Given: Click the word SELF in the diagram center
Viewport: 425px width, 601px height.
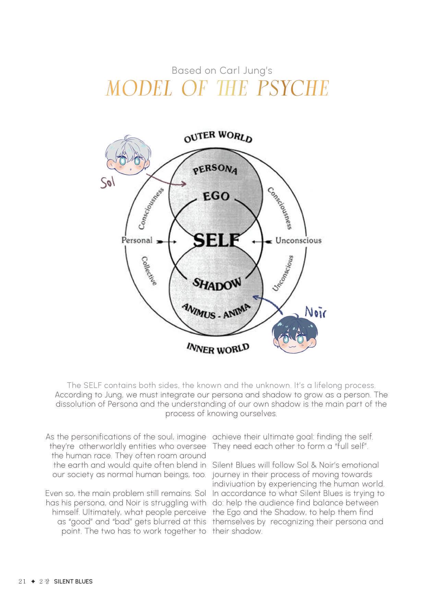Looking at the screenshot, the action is point(216,240).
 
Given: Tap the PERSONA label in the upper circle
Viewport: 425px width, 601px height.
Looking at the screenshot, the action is point(215,170).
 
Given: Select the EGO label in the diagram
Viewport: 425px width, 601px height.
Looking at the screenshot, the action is point(216,196).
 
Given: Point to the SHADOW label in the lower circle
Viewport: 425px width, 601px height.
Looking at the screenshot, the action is point(217,284).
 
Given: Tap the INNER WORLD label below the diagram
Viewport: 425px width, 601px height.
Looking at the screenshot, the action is point(218,348).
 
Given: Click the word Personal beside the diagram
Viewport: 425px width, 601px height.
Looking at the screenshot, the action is point(137,240).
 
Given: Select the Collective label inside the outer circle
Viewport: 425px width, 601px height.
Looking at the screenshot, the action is point(149,271).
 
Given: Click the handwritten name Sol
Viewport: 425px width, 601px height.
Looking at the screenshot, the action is point(107,182).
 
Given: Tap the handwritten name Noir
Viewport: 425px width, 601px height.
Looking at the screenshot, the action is point(315,312).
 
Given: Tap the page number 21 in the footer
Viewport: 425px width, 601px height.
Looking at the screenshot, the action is point(22,581).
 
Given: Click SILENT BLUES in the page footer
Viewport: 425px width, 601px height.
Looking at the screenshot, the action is point(73,581).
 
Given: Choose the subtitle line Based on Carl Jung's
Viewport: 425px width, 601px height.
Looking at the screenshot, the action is point(222,71).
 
